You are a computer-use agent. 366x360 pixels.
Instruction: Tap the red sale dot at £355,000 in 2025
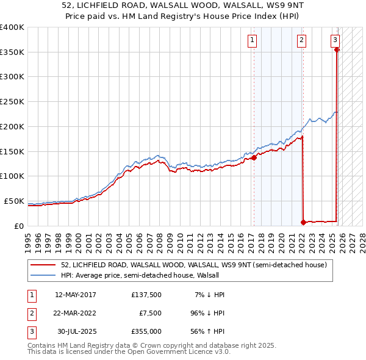tap(337, 50)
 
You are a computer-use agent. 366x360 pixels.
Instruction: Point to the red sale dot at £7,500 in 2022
tap(303, 222)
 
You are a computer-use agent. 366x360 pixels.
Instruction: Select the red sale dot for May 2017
tap(254, 157)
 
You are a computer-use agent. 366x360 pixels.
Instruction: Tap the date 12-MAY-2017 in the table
tap(75, 295)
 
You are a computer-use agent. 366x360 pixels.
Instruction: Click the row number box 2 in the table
tap(30, 314)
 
